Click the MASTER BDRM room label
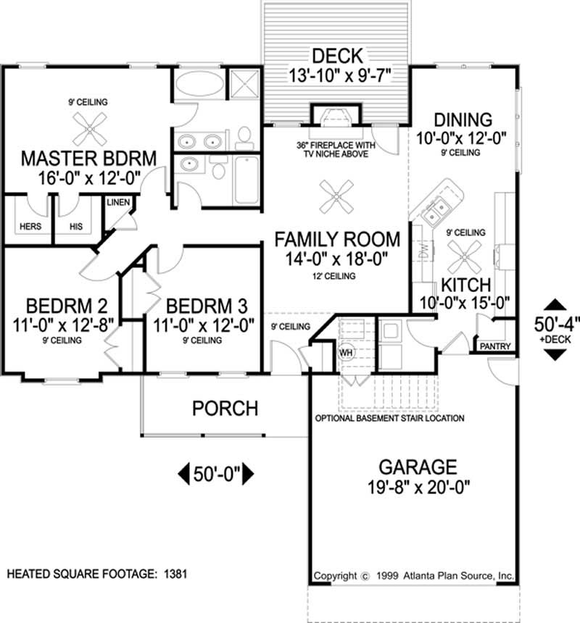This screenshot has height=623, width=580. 89,157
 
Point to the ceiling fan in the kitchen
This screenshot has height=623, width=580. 462,254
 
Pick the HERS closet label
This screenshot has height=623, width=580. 30,226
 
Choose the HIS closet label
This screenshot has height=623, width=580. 76,226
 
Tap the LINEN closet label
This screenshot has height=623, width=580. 117,202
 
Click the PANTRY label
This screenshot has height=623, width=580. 495,346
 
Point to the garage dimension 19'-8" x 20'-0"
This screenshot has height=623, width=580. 415,488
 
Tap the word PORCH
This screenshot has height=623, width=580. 225,409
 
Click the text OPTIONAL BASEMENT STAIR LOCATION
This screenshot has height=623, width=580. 389,419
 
